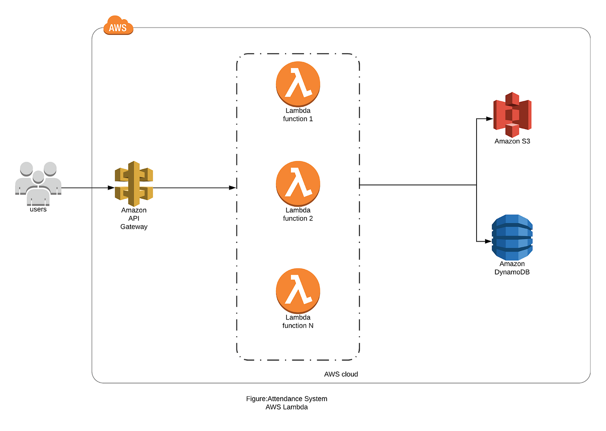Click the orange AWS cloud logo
118,26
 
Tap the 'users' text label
38,209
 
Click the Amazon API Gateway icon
134,183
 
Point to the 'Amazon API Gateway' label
134,218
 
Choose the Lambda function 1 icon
298,83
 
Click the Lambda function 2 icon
298,183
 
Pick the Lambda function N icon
298,290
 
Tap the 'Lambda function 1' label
298,115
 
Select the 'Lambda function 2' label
298,214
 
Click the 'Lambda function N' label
298,322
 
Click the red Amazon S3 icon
512,115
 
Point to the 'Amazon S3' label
512,141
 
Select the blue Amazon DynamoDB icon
512,237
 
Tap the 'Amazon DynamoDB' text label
512,268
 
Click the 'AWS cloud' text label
341,374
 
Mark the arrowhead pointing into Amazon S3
490,119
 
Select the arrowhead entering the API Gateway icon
111,188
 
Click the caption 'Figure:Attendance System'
286,399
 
